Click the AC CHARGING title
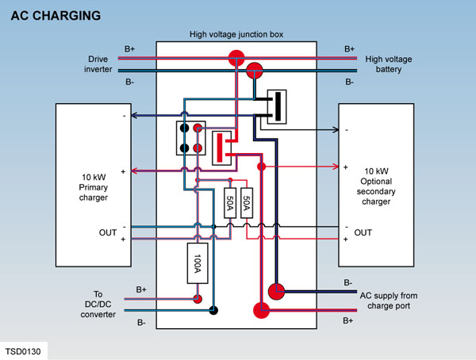click(x=56, y=16)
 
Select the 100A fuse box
click(x=198, y=263)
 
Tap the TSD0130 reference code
click(x=23, y=351)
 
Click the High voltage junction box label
click(x=236, y=34)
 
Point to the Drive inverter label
click(x=98, y=64)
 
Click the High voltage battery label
click(x=389, y=64)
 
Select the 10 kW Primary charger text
click(x=94, y=187)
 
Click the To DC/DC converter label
click(x=98, y=304)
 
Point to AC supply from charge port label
click(x=389, y=301)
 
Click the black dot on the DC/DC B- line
click(x=213, y=310)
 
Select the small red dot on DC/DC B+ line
click(x=198, y=299)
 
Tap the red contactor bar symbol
click(x=220, y=147)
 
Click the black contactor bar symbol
click(x=278, y=106)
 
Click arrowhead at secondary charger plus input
click(x=336, y=167)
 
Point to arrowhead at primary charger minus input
click(x=134, y=115)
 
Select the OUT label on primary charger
click(x=108, y=232)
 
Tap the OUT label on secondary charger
click(x=363, y=232)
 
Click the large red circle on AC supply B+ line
click(x=261, y=310)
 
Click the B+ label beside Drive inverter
click(x=129, y=49)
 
